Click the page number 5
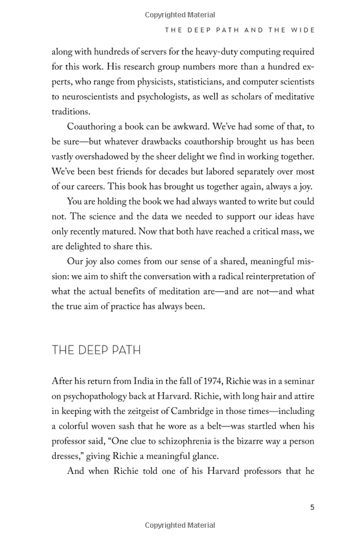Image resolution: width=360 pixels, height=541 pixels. tap(312, 507)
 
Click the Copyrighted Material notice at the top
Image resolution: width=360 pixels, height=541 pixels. tap(180, 15)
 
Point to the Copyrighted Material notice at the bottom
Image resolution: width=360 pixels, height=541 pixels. tap(180, 525)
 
